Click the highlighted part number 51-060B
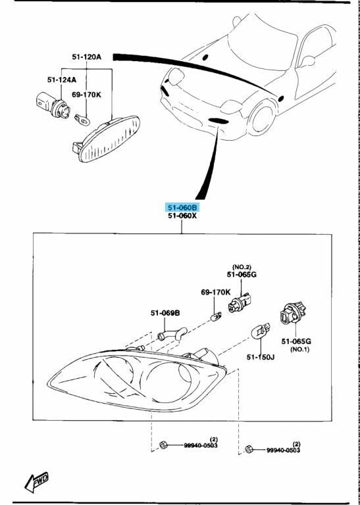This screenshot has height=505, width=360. point(182,207)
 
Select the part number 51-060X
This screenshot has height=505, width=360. point(182,216)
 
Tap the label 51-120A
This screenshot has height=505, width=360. point(87,57)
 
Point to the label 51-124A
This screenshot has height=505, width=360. point(61,80)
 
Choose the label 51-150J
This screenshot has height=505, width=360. point(261,356)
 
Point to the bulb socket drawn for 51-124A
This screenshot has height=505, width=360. point(49,103)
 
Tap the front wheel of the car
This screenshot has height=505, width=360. point(261,119)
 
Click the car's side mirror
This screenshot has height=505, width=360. point(307,61)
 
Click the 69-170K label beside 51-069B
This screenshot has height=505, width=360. point(215,292)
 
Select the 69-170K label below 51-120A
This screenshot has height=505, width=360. point(86,95)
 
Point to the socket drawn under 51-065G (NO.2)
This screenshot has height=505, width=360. point(238,302)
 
